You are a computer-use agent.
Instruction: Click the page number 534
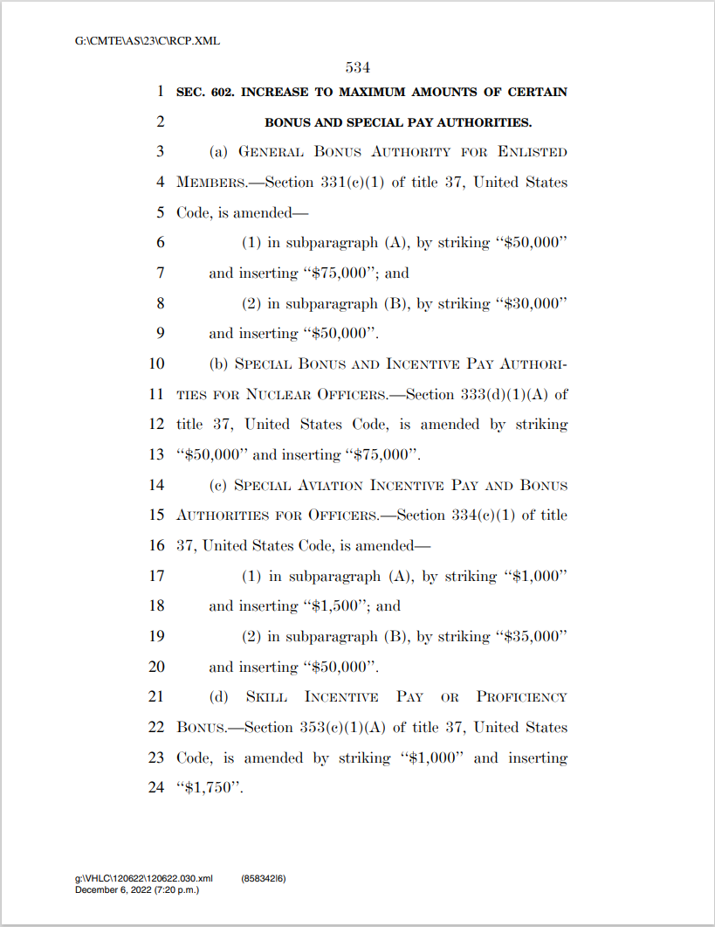coord(359,66)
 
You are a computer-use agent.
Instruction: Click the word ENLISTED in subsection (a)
coord(533,152)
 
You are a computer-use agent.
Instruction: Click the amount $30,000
coord(533,304)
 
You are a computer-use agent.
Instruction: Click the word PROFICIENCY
coord(522,697)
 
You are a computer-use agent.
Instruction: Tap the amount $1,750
coord(209,788)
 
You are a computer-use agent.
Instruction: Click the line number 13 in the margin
coord(156,455)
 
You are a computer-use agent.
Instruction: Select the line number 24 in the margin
coord(156,788)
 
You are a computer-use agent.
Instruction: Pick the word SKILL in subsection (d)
coord(267,697)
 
